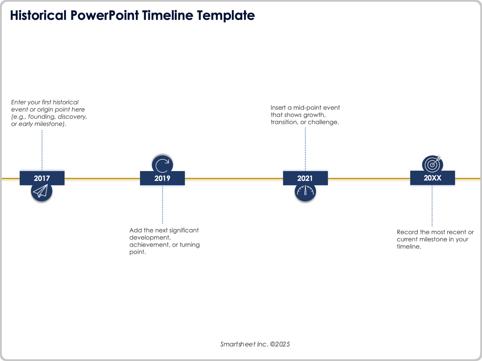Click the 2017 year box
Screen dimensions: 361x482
pos(42,178)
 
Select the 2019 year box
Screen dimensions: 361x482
pos(162,178)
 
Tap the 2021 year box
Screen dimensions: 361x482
pos(305,178)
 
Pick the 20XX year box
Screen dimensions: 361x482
pos(432,178)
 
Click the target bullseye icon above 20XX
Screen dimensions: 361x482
pos(432,164)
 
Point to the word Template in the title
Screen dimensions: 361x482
pos(226,16)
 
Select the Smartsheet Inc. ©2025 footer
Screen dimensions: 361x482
pos(255,344)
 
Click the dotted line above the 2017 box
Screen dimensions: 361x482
pos(42,150)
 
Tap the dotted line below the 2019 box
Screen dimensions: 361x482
pos(162,204)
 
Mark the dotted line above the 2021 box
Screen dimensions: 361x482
pos(305,149)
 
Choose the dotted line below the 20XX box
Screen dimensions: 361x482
pos(432,206)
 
